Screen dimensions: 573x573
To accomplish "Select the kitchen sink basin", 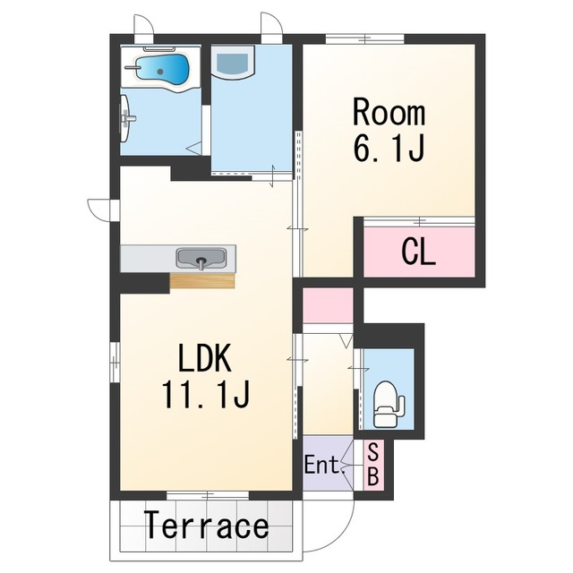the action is tap(201, 259).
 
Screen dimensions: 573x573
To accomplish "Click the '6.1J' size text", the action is tap(389, 148).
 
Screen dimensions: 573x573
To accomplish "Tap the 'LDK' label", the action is tap(205, 358).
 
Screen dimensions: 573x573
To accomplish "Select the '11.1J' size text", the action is tap(206, 394).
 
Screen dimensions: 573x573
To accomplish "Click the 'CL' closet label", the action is tap(418, 252).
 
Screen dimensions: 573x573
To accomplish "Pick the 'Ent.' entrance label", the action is tap(325, 465).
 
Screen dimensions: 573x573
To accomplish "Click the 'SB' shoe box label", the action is tap(372, 464).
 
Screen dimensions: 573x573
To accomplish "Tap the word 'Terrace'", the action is tap(207, 526).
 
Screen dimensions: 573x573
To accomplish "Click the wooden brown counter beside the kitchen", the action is tap(202, 280).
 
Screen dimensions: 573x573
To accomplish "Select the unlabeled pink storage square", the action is tap(328, 305).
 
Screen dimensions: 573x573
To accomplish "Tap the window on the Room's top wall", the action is tap(364, 38).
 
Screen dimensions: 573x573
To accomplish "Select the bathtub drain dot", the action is tap(160, 72).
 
